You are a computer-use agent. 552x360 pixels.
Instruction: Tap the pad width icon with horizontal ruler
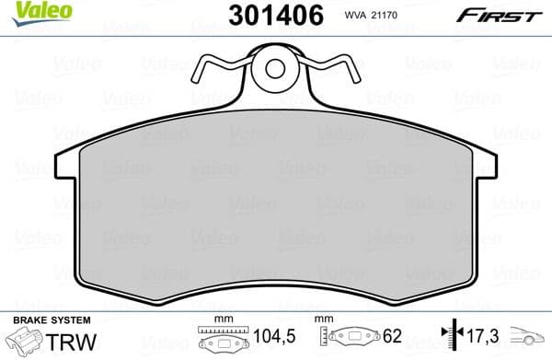click(221, 337)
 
